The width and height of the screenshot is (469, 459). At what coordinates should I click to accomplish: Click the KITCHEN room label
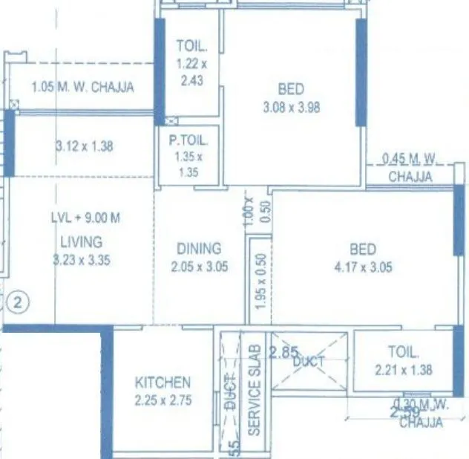tap(163, 382)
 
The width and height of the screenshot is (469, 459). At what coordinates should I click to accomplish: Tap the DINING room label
tap(198, 249)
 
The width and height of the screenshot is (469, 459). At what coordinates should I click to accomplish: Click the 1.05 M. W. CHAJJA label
tap(82, 88)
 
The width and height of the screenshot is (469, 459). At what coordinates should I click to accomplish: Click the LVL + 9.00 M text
tap(85, 218)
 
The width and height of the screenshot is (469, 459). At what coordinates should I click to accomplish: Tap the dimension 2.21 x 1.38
tap(403, 369)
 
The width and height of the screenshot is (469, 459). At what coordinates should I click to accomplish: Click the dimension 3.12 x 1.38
tap(84, 146)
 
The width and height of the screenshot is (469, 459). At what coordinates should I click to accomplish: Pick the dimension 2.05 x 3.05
tap(198, 267)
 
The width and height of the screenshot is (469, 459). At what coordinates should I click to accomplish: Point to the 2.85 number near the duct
tap(283, 352)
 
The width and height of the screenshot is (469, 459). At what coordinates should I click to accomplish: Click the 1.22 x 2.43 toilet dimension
tap(189, 74)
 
